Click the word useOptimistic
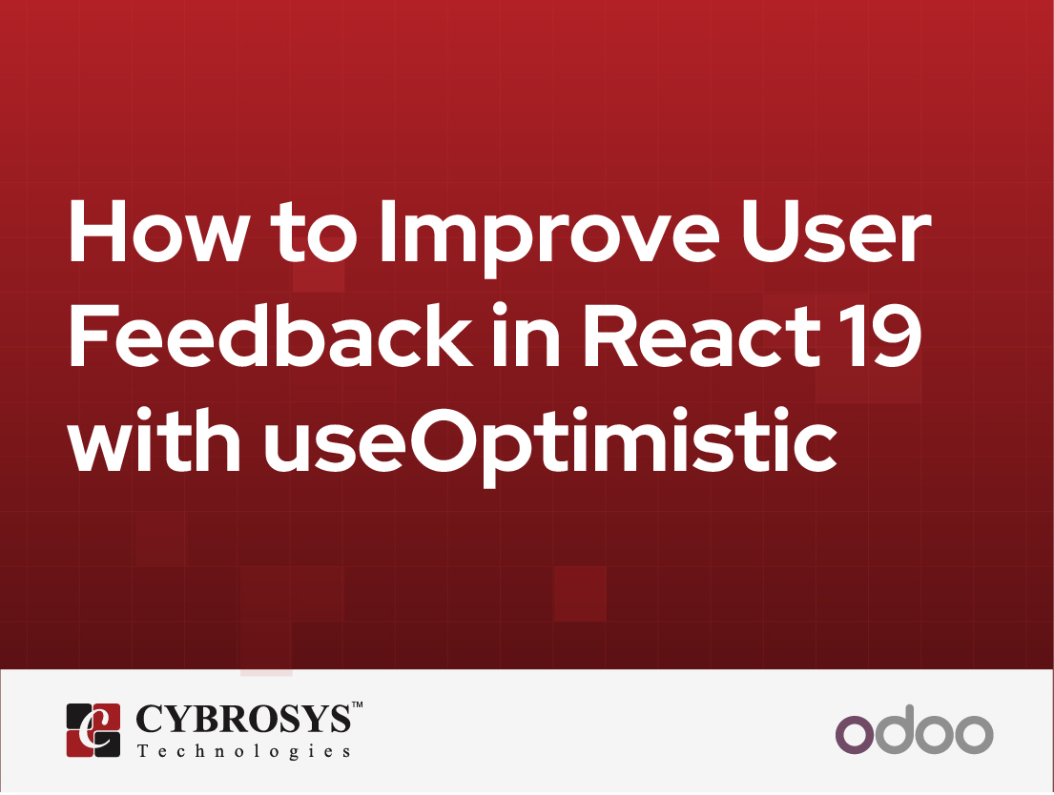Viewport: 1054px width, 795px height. click(x=550, y=446)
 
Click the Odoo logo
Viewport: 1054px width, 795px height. click(x=914, y=732)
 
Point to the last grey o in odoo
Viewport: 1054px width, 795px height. click(x=973, y=734)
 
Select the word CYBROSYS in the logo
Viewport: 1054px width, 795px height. click(x=243, y=721)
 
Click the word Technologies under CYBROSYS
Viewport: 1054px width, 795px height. click(x=244, y=751)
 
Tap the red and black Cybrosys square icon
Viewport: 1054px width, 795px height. click(x=93, y=730)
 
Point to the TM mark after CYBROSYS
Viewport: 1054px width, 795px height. click(x=358, y=705)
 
